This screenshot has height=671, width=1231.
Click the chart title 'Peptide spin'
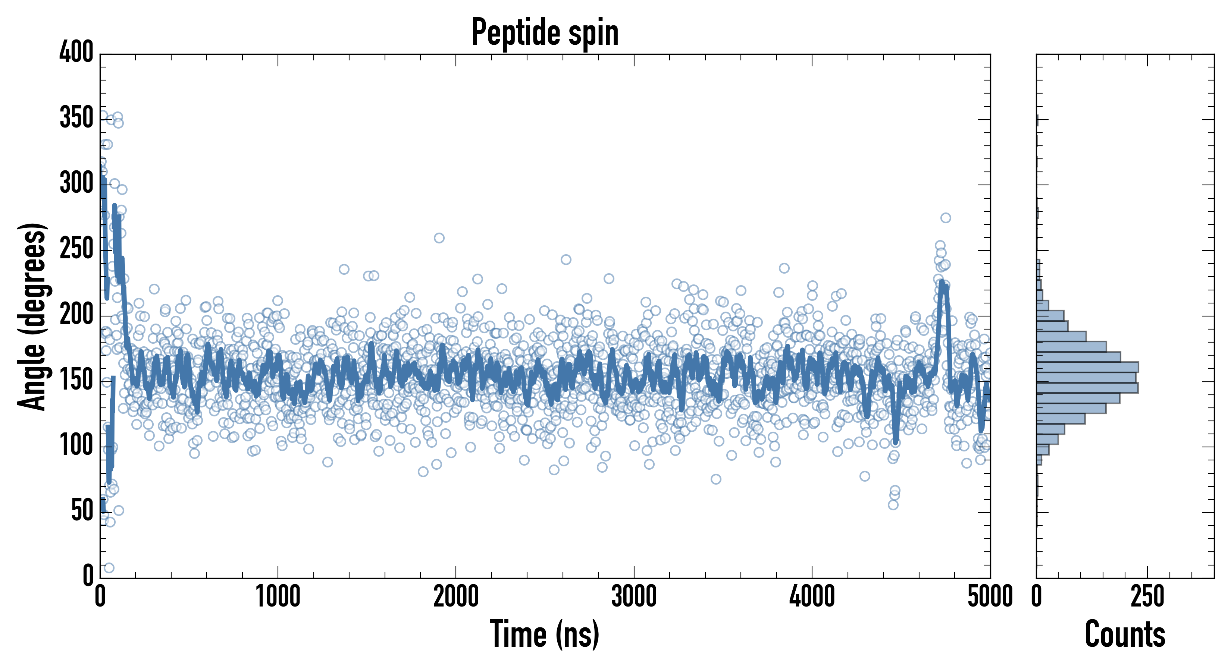545,32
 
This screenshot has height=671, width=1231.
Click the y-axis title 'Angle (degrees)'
32,316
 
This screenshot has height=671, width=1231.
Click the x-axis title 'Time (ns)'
544,634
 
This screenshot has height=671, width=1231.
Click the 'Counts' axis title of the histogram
1125,634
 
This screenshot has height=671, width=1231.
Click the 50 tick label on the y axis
82,511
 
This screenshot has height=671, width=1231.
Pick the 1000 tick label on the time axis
278,597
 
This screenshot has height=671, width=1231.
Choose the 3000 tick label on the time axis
634,597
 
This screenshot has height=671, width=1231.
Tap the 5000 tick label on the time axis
990,597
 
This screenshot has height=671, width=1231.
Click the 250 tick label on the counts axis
1147,597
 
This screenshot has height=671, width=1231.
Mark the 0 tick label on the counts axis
1037,597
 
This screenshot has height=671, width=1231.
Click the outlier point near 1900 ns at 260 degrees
439,238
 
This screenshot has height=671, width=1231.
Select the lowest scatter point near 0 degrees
109,568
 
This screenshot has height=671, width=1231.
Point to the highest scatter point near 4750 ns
945,218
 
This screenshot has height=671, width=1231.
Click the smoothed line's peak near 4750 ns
942,283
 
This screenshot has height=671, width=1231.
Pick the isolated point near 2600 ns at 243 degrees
566,260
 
